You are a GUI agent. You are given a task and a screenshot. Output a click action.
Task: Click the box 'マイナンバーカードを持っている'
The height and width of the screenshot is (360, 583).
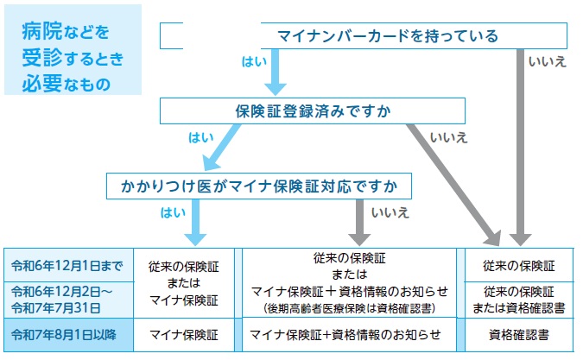coord(364,36)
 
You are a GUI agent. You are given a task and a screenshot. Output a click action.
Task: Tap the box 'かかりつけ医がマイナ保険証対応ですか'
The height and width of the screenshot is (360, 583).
coord(258,186)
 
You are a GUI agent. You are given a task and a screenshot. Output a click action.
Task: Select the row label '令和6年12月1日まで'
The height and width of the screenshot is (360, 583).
coord(66,264)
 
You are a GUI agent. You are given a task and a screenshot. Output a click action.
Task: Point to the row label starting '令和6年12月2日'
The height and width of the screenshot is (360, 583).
coord(66,298)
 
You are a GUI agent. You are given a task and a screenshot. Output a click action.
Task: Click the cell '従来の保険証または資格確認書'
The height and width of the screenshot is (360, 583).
coord(519,299)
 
